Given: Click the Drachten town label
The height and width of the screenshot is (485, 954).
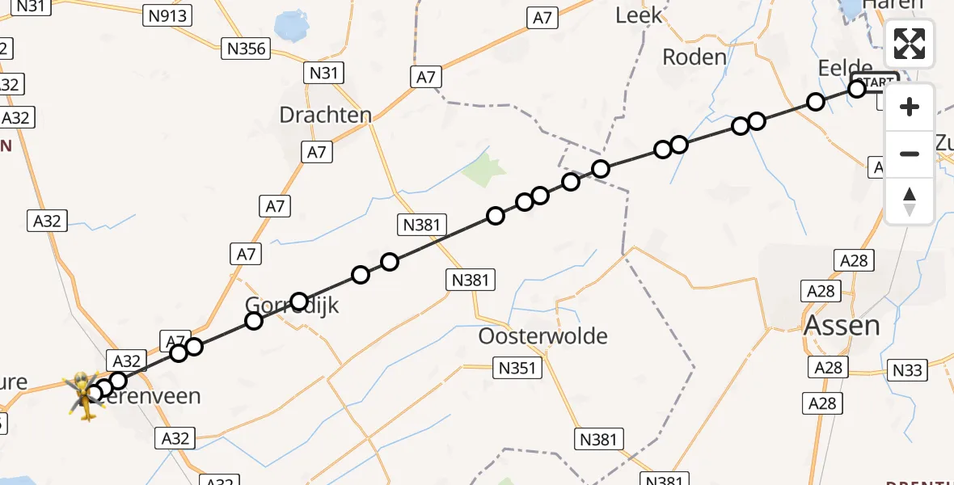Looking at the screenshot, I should coord(325,115).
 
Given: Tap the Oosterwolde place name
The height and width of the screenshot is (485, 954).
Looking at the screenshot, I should coord(542,335).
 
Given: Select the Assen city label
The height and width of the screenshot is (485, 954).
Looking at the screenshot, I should coord(842,325).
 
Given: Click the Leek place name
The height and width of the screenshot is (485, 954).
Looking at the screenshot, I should coord(638,15).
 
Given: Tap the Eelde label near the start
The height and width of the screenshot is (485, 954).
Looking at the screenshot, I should coord(845,68).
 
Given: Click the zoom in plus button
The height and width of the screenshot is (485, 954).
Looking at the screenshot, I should coord(910,107).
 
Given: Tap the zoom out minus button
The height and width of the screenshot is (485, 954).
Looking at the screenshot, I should coord(910,154).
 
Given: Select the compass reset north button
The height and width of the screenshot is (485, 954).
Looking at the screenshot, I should coord(910,200).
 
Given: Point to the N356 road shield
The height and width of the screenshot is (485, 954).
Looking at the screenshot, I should coord(247,48).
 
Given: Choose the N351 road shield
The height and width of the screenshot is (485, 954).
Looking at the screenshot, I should coord(517,369).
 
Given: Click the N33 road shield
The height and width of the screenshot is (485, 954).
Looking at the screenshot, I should coord(906,370).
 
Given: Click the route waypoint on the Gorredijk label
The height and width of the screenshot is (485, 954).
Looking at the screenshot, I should coord(299,302).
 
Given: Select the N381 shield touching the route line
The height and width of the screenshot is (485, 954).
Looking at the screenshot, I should coord(420,225).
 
